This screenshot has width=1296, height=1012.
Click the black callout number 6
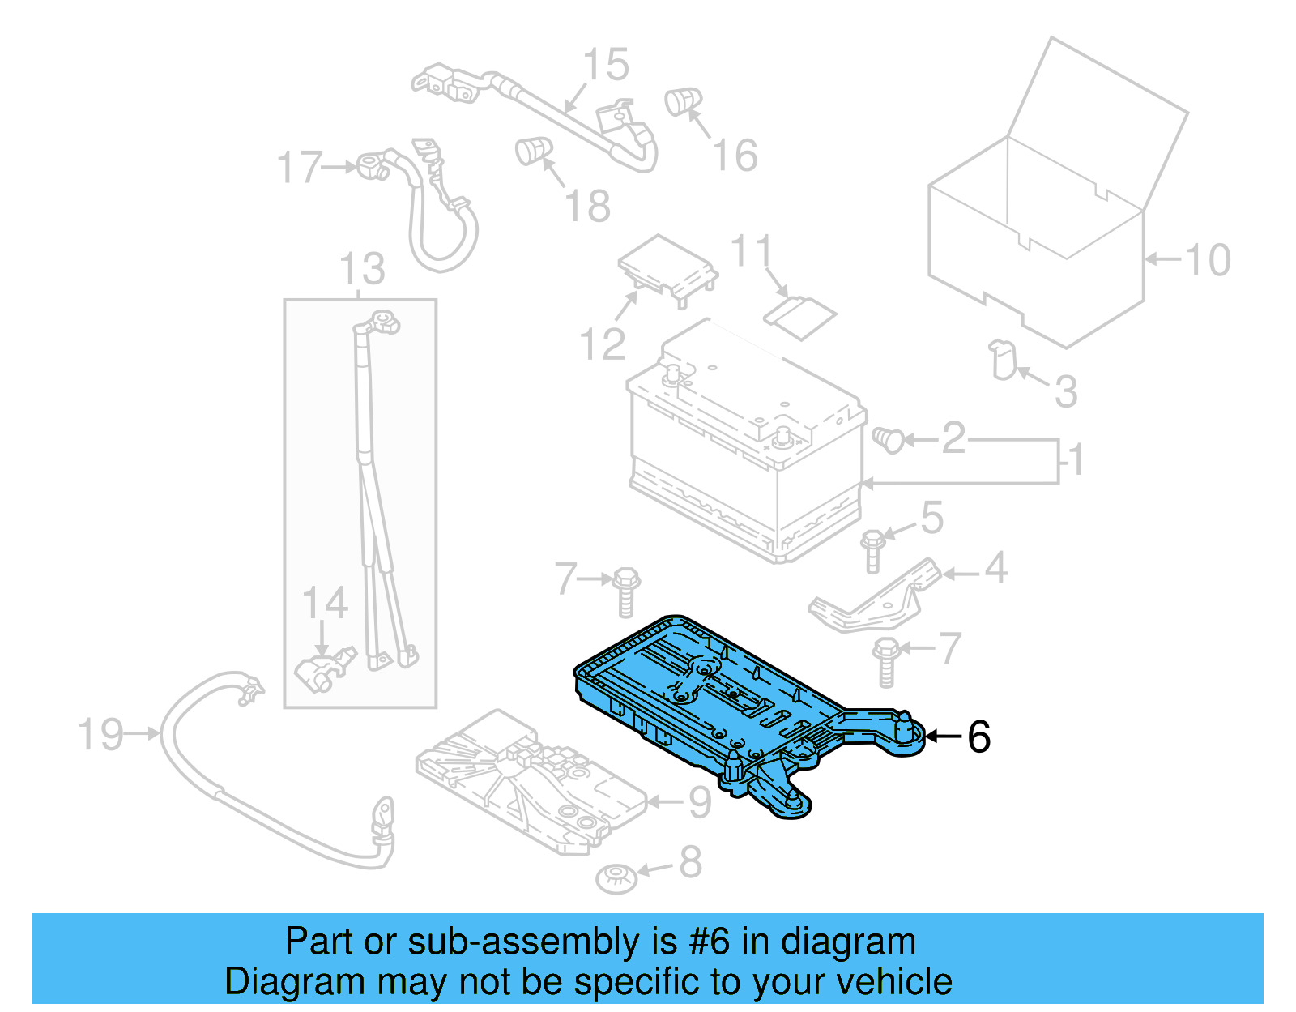click(978, 737)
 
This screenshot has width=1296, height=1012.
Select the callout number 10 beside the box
click(1207, 260)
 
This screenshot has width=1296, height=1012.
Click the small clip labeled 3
click(1003, 360)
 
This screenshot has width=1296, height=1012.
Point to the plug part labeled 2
click(888, 440)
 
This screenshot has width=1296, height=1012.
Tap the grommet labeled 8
click(616, 877)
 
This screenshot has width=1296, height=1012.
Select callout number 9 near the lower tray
click(699, 802)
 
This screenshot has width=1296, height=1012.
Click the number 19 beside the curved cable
click(100, 734)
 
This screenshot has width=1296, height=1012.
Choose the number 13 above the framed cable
click(362, 269)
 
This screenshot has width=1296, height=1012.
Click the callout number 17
click(300, 168)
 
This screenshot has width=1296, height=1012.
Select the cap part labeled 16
click(682, 101)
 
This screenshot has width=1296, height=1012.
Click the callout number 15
click(606, 65)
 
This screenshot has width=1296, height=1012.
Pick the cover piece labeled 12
click(667, 267)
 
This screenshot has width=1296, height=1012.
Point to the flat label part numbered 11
click(800, 316)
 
